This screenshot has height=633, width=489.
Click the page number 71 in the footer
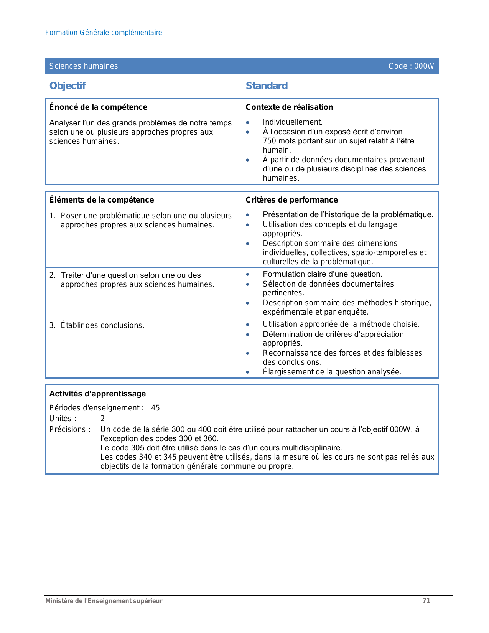tap(426, 601)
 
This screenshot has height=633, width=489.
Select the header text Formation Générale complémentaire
tap(104, 33)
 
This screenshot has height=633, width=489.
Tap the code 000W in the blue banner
tap(424, 66)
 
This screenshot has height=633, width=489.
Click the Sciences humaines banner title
tap(84, 66)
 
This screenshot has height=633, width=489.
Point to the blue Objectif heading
tap(68, 86)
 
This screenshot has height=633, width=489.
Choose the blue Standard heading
tap(267, 86)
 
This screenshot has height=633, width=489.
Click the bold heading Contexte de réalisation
tap(289, 107)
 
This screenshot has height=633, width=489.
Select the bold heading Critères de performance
tap(291, 200)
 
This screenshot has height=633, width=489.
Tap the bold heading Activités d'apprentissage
tap(97, 394)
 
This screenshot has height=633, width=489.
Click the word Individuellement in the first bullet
tap(292, 122)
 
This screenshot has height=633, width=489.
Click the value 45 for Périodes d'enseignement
tap(155, 408)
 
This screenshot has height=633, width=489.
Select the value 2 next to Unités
tap(102, 419)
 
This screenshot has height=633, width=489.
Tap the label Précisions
tap(69, 429)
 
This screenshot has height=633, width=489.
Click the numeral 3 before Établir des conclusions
tap(52, 325)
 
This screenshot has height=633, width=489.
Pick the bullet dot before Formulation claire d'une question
tap(248, 274)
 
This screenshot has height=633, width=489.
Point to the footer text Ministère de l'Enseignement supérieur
tap(104, 601)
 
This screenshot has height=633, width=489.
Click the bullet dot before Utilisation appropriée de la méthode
tap(248, 325)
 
